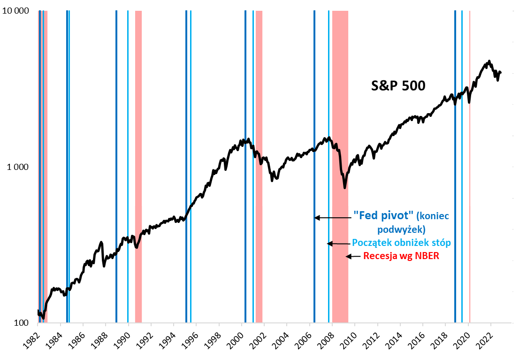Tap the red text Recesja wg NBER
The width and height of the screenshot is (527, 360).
pos(401,256)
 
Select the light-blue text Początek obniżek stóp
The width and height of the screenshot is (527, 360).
pos(401,243)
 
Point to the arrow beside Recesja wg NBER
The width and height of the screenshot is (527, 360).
pos(354,256)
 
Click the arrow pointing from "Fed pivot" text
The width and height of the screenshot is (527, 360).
pos(333,218)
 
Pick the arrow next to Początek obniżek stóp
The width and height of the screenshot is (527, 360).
pos(338,243)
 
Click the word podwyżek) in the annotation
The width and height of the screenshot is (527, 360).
pos(401,230)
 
